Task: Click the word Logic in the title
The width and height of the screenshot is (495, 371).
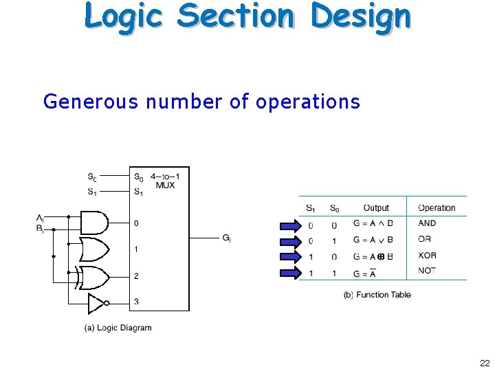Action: pos(124,16)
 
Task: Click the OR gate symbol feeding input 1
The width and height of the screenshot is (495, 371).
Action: pos(94,249)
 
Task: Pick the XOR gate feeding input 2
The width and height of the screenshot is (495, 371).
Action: pos(94,277)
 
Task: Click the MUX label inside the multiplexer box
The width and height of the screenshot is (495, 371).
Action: pos(165,185)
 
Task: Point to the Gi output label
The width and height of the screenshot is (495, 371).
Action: pos(226,238)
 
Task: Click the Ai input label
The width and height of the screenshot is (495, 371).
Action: pos(40,218)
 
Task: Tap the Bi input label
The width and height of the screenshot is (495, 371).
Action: pos(40,228)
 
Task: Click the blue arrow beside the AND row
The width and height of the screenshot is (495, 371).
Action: pos(290,225)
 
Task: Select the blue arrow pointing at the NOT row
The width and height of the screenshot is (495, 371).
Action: pos(290,273)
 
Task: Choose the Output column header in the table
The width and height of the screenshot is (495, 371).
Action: pos(376,207)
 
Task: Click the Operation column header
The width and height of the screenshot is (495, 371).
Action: pos(437,207)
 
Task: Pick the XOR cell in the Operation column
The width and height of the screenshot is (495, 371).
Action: pos(427,255)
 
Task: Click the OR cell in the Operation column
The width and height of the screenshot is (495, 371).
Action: pos(424,239)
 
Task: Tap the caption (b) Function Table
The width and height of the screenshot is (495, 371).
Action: pos(377,295)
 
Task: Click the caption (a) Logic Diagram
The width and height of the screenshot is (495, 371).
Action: pos(118,328)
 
